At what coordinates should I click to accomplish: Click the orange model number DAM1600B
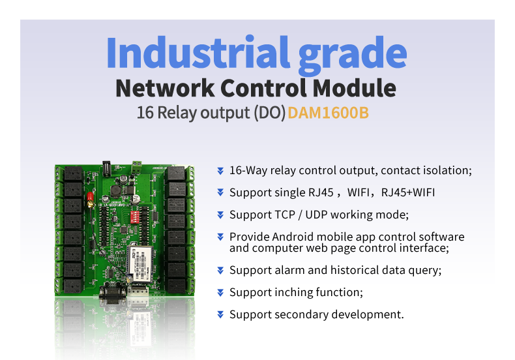[x=329, y=113]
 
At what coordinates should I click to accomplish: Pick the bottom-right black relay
[x=176, y=284]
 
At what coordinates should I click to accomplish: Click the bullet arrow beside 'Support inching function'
[x=220, y=292]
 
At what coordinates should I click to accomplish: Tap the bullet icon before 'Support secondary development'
[x=220, y=314]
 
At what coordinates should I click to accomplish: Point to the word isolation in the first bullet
[x=446, y=170]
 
